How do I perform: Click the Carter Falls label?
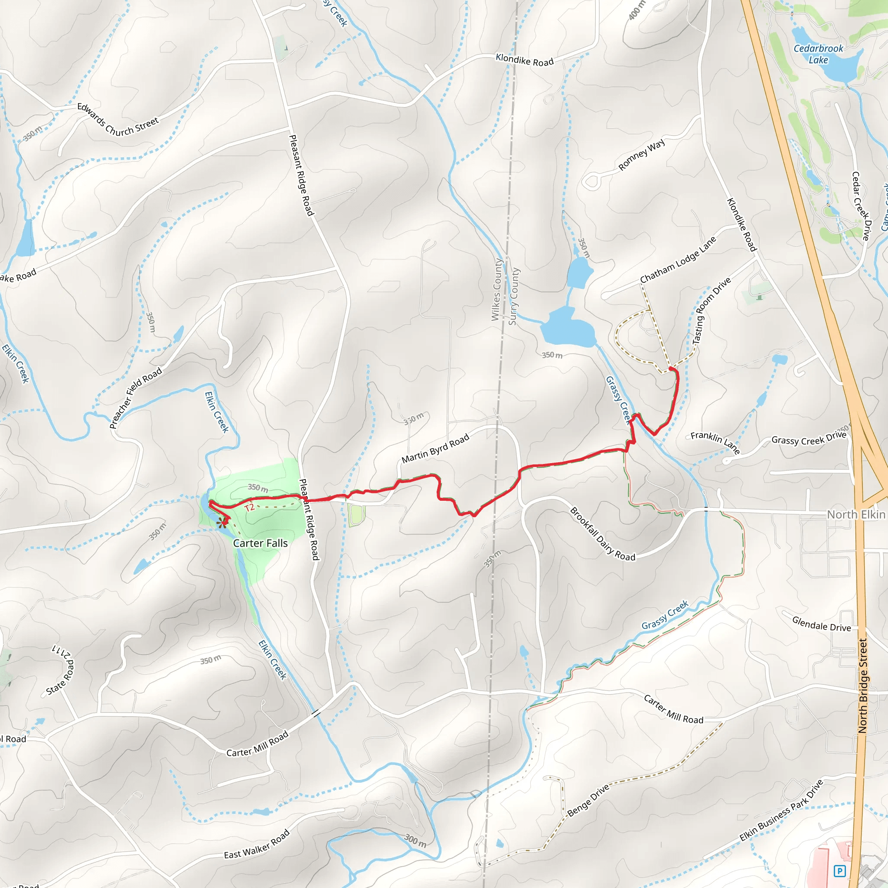[x=260, y=543]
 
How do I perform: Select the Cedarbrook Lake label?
[x=819, y=54]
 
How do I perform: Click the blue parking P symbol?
[x=840, y=871]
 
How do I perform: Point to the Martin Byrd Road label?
[x=435, y=448]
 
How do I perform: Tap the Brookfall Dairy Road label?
[x=603, y=534]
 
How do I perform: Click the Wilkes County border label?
[x=496, y=290]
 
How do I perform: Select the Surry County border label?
[x=514, y=297]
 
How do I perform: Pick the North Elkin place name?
[x=856, y=514]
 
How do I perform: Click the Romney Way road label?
[x=642, y=155]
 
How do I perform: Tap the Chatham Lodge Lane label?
[x=678, y=260]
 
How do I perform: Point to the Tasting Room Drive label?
[x=711, y=311]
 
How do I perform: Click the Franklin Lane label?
[x=715, y=442]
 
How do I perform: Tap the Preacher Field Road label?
[x=136, y=398]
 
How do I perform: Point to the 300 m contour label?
[x=415, y=841]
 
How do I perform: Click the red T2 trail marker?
[x=249, y=508]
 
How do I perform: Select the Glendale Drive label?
[x=821, y=624]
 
